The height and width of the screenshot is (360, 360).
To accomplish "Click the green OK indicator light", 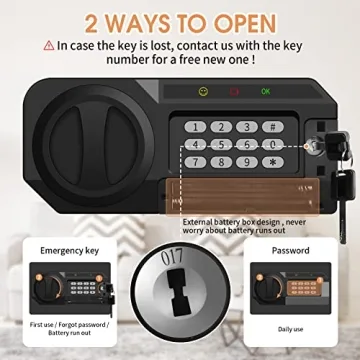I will coord(265,92).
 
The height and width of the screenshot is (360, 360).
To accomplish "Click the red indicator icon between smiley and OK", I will coord(233,92).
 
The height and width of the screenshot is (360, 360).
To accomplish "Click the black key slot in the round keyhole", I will coord(180,310).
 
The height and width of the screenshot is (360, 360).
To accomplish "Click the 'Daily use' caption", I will coord(291,328).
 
